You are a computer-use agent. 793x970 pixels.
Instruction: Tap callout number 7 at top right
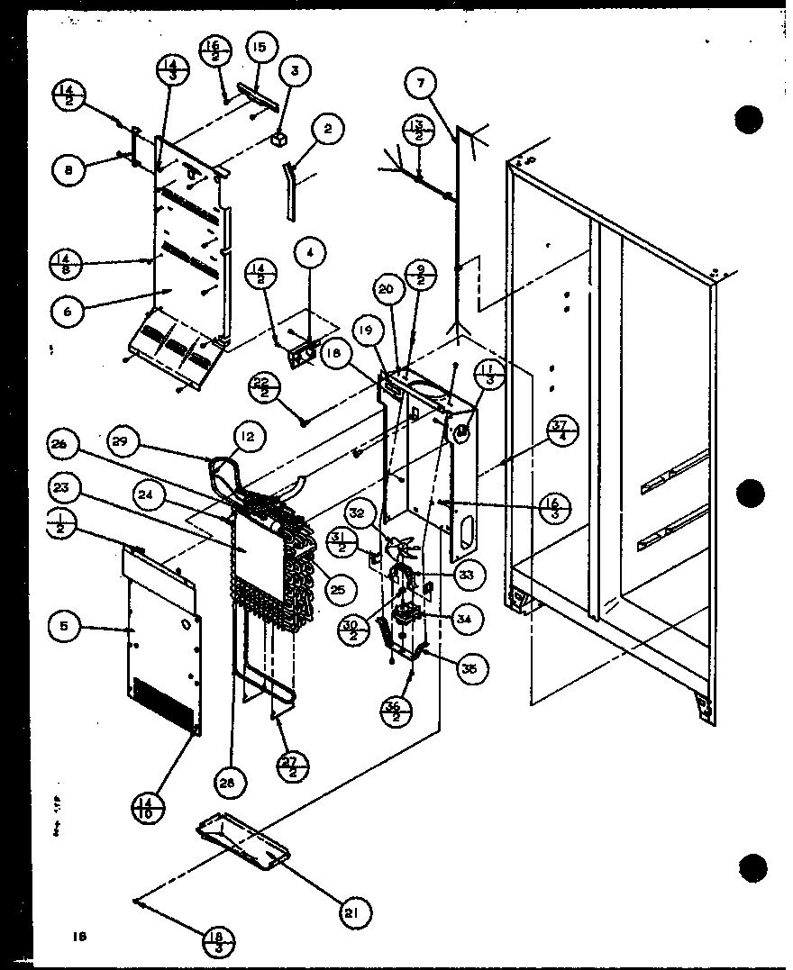point(421,86)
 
